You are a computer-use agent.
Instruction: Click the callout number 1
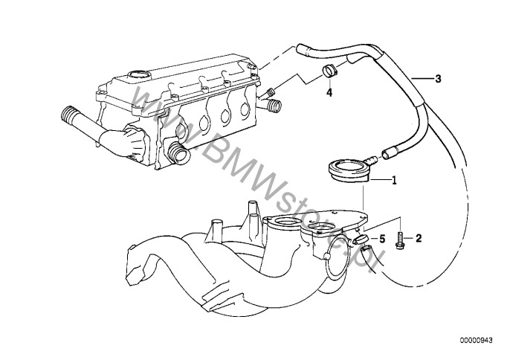coord(394,180)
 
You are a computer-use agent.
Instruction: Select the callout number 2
coord(418,239)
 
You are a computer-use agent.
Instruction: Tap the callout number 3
coord(438,79)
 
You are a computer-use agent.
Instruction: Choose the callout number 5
coord(382,239)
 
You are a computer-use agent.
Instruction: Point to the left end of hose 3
coord(300,50)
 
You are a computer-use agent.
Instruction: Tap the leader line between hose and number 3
coord(420,78)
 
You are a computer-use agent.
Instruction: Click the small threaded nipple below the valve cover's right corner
coord(271,93)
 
